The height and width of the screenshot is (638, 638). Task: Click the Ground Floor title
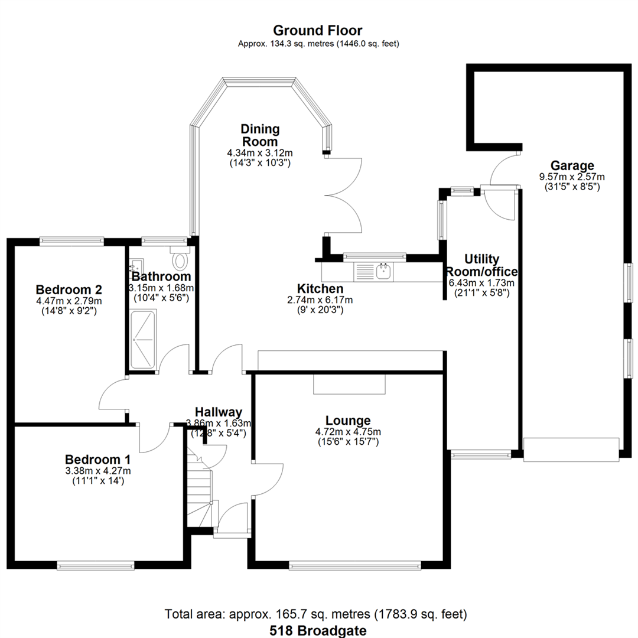317,31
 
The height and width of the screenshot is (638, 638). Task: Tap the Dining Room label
260,135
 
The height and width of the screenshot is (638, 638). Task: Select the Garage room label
572,165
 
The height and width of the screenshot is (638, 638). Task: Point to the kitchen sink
384,271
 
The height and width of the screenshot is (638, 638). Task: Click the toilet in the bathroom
180,258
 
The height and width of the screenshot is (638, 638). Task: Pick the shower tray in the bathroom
143,340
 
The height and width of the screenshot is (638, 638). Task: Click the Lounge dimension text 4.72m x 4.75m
349,432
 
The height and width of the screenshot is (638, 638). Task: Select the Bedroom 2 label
69,289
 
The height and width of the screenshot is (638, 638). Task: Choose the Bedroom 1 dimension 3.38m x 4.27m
98,471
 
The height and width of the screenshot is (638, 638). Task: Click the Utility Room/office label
482,265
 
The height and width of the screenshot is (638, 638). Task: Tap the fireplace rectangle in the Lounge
349,384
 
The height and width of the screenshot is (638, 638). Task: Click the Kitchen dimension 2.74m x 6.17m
320,300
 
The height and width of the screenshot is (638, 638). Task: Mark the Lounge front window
355,565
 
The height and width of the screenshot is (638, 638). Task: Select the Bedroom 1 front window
96,565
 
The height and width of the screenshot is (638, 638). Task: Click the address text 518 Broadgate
318,631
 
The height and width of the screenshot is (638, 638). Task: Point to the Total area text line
315,614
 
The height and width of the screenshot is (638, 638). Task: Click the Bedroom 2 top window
72,242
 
